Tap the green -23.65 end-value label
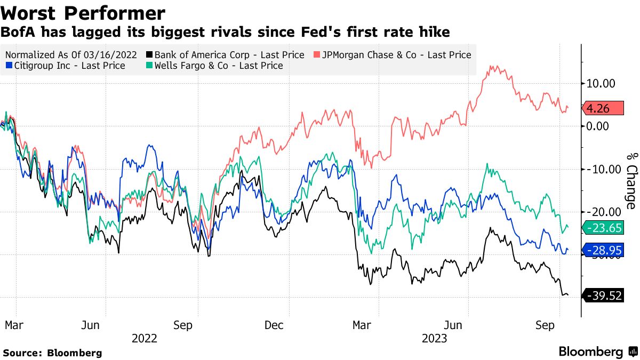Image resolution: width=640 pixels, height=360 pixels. (604, 228)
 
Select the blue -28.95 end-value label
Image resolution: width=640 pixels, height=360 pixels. (604, 250)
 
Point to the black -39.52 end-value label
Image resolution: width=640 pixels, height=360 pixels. (604, 295)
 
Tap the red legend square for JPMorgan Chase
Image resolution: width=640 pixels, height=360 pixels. (316, 55)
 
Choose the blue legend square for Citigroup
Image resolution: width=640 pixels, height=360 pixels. (8, 66)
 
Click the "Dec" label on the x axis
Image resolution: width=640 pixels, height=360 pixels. (274, 325)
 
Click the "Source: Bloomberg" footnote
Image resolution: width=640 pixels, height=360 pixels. (52, 353)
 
